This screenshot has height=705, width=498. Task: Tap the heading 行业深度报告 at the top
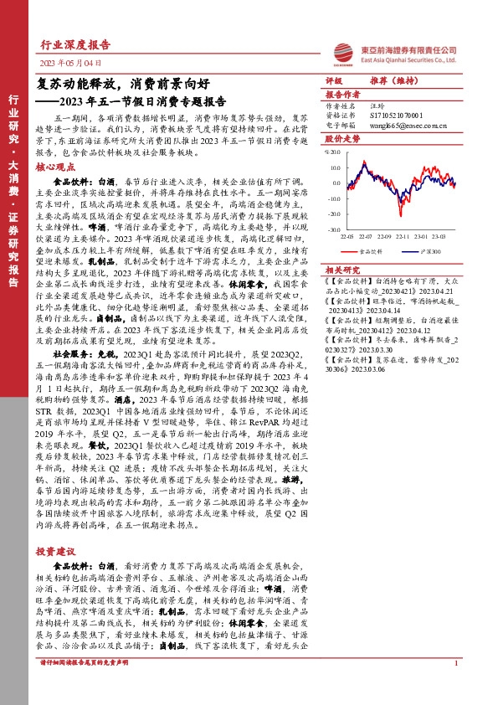tap(75, 46)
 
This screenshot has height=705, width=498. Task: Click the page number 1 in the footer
tap(455, 687)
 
